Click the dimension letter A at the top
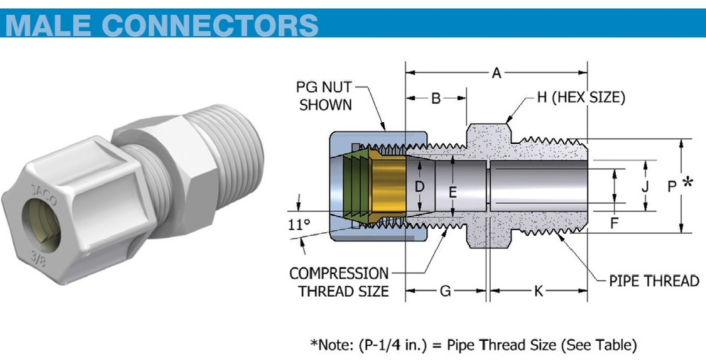496,72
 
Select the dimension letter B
436,98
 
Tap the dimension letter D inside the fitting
420,187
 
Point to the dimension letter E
452,191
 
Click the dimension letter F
614,222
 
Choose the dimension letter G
445,291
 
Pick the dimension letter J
645,187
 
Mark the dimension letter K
538,291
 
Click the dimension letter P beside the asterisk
672,186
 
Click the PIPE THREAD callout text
654,280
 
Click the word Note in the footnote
335,345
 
